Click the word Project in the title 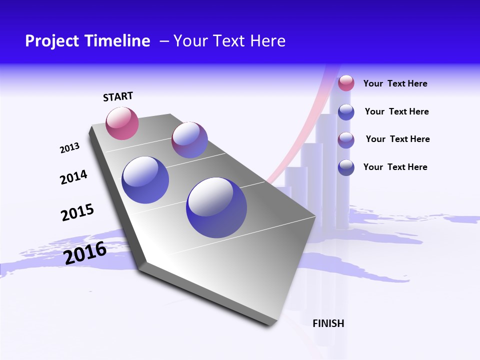(x=52, y=41)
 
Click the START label (x=118, y=96)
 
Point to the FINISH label (x=328, y=323)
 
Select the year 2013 (x=69, y=148)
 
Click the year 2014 (x=73, y=177)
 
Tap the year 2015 (x=77, y=212)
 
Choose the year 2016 (x=85, y=253)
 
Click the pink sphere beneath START (x=122, y=123)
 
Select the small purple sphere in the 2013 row (x=189, y=140)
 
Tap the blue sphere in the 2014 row (x=145, y=179)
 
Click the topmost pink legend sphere (x=346, y=83)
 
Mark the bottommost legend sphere (x=346, y=167)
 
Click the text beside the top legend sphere (x=395, y=83)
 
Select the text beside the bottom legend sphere (x=395, y=167)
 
